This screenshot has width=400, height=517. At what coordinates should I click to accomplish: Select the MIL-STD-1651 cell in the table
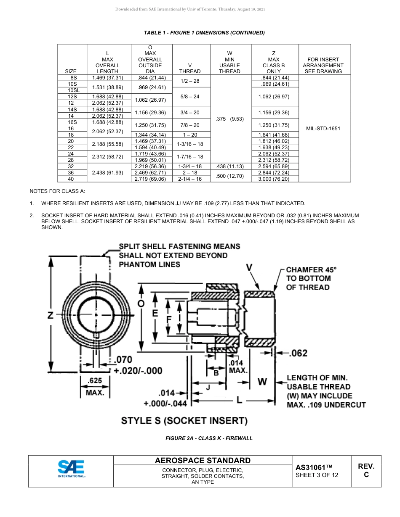(x=323, y=128)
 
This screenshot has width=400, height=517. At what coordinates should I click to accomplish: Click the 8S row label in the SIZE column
(x=74, y=78)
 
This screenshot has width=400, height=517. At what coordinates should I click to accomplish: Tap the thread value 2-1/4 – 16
(x=189, y=179)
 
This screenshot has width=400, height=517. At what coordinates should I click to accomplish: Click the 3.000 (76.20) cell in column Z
(x=275, y=179)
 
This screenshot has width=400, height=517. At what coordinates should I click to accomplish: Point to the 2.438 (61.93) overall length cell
(x=107, y=173)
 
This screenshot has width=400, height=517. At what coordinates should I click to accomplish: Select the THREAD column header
(x=189, y=71)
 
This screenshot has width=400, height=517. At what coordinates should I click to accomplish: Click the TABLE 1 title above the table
(x=204, y=33)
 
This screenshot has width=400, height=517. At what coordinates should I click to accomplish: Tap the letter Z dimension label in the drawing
(x=51, y=315)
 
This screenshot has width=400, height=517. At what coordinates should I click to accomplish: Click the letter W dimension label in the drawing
(x=262, y=382)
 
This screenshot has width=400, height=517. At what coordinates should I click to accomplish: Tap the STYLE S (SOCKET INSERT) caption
(x=184, y=421)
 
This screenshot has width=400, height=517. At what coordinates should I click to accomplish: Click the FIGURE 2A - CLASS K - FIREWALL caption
(x=209, y=438)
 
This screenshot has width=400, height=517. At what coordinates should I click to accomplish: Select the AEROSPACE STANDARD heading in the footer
(x=203, y=460)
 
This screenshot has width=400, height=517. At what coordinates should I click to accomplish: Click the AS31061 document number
(x=314, y=467)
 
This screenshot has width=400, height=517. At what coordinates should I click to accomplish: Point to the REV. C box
(x=366, y=470)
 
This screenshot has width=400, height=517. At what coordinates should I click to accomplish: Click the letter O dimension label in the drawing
(x=141, y=303)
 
